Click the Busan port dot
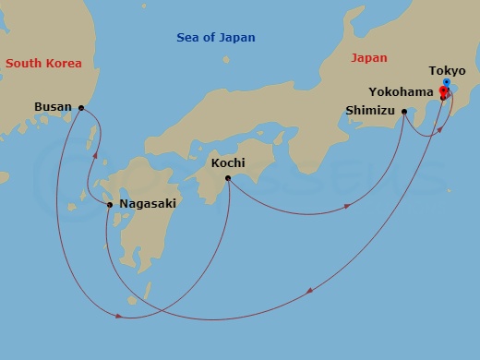pyautogui.click(x=81, y=108)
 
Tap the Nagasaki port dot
pyautogui.click(x=110, y=204)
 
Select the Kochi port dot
pyautogui.click(x=228, y=178)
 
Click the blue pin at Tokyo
pyautogui.click(x=447, y=83)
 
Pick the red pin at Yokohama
pyautogui.click(x=443, y=91)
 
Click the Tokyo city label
pyautogui.click(x=447, y=70)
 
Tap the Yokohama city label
pyautogui.click(x=401, y=92)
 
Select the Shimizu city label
pyautogui.click(x=368, y=112)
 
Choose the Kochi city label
pyautogui.click(x=228, y=162)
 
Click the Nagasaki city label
pyautogui.click(x=147, y=204)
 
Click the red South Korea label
pyautogui.click(x=42, y=64)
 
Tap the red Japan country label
pyautogui.click(x=369, y=57)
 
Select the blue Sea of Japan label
pyautogui.click(x=216, y=38)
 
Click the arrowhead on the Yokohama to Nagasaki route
pyautogui.click(x=306, y=291)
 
